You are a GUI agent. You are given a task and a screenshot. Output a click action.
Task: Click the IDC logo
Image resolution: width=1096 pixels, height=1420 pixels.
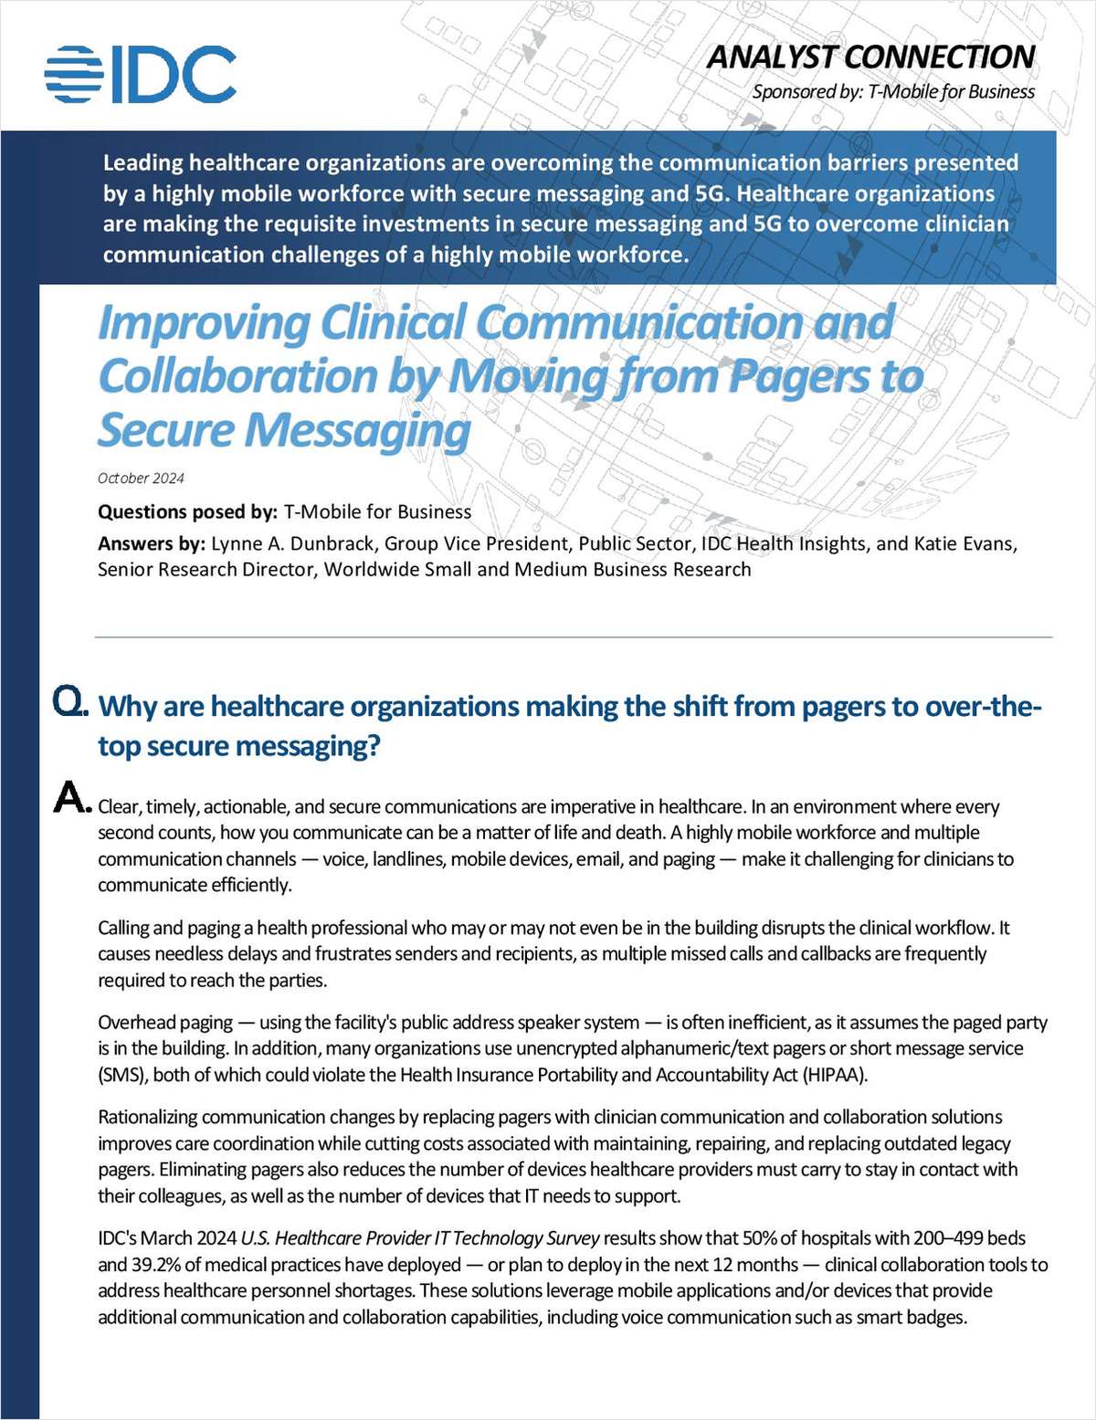(141, 74)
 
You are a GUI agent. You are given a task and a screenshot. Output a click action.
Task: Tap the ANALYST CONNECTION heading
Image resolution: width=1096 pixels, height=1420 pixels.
(870, 57)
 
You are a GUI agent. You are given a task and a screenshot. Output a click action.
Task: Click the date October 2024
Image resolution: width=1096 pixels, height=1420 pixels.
(141, 479)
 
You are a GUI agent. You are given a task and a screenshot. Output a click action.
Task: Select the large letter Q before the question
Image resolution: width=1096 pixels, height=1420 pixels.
(69, 701)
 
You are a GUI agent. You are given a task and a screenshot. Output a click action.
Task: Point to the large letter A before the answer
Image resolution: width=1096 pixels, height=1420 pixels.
(71, 798)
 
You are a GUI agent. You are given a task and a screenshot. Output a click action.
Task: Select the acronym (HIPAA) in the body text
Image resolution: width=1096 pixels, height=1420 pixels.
(835, 1075)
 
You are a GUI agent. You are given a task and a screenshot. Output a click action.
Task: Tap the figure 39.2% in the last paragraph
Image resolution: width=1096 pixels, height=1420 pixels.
(163, 1265)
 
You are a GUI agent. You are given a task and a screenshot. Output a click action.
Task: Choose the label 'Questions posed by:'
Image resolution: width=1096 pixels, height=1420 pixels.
(187, 512)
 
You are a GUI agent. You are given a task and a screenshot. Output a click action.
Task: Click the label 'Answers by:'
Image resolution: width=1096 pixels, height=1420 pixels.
(152, 544)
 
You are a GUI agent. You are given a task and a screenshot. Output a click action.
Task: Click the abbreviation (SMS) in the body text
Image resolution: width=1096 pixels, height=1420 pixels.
(122, 1075)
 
